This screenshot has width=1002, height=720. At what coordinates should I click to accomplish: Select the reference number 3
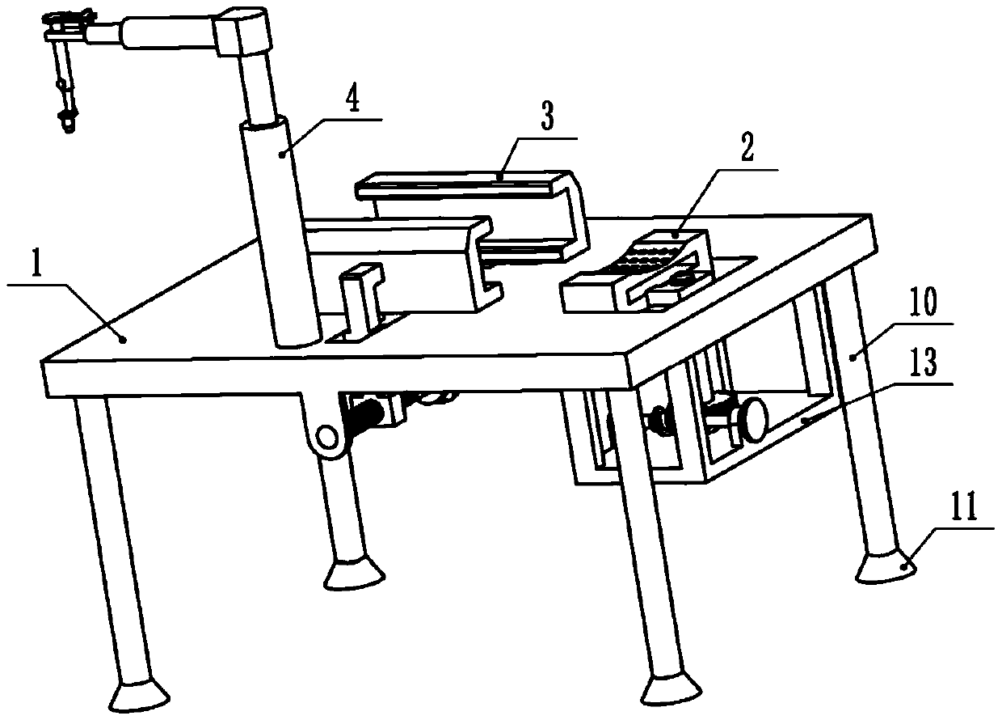(547, 119)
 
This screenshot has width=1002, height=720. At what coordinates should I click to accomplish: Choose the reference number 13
(924, 365)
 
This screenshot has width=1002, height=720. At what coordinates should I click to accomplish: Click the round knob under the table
(756, 419)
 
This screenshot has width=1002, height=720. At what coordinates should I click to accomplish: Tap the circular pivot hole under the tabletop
(326, 437)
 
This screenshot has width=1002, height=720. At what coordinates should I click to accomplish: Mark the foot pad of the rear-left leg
(353, 574)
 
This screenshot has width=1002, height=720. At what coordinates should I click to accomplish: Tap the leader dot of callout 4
(282, 152)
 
